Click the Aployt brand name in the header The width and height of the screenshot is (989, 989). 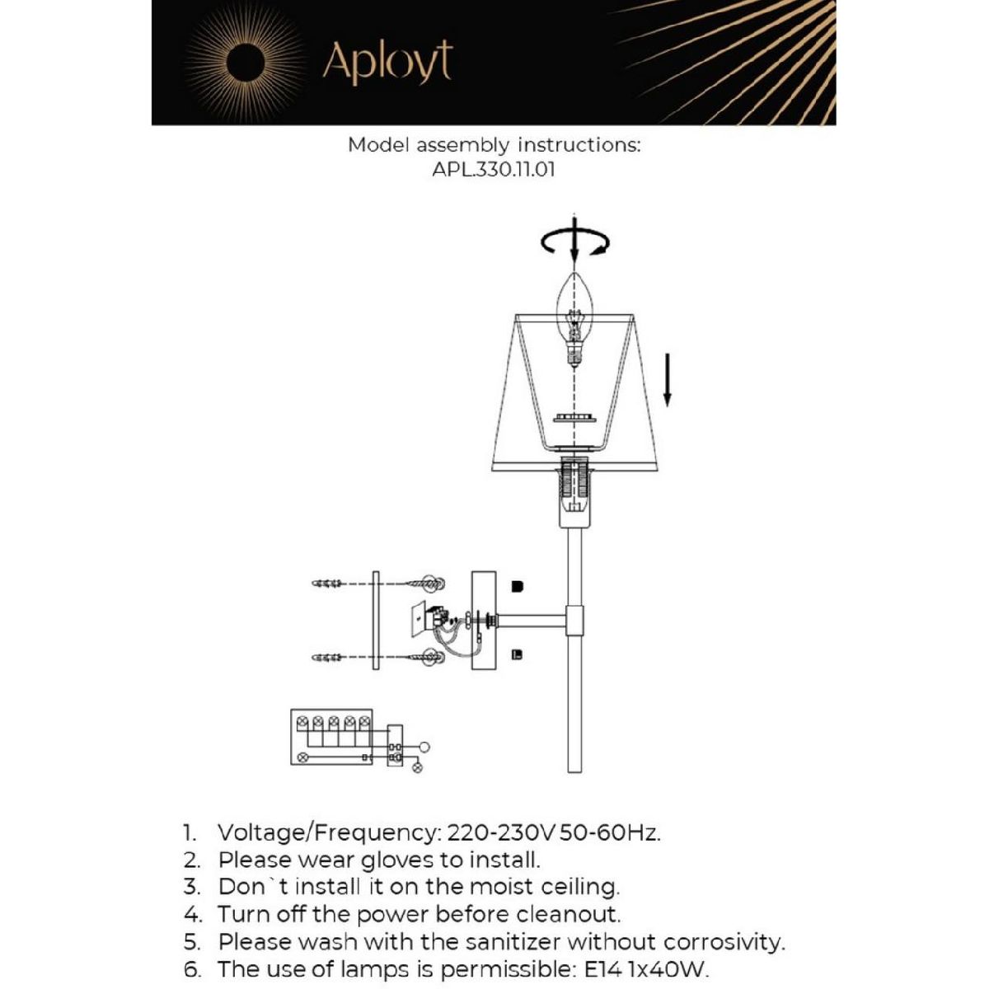point(387,62)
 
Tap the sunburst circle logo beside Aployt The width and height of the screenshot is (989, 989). point(246,63)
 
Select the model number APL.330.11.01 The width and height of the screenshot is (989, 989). point(494,171)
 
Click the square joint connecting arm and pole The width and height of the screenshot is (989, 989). point(574,621)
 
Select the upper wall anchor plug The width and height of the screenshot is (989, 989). point(328,584)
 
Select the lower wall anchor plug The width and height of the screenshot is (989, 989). point(328,657)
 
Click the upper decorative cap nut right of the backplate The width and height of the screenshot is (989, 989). point(518,587)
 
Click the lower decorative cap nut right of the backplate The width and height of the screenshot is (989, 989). point(518,655)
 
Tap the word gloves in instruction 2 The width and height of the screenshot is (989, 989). point(398,860)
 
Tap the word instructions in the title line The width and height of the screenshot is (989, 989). point(579,145)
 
